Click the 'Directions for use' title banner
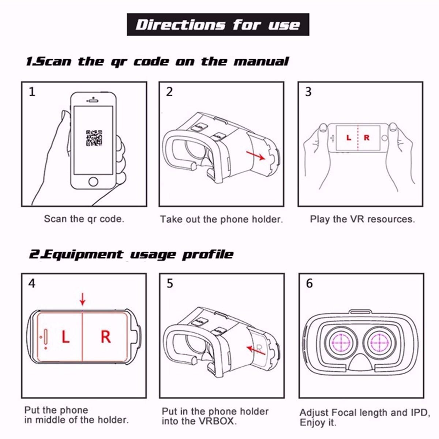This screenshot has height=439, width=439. (x=218, y=25)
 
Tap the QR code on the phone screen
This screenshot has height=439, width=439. (x=94, y=138)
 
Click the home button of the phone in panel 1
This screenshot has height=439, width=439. (x=93, y=181)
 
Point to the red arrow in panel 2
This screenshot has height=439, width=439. (x=256, y=155)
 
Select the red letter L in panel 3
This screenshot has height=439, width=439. (x=349, y=138)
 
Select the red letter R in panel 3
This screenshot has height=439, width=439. (x=367, y=138)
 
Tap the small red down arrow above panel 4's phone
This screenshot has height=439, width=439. (x=82, y=299)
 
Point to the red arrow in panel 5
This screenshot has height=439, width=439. (x=256, y=350)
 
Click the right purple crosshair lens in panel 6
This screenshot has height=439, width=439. (x=379, y=342)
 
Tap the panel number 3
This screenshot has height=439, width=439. (x=308, y=92)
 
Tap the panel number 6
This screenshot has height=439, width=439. (x=309, y=284)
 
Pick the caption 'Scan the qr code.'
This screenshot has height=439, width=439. (x=84, y=219)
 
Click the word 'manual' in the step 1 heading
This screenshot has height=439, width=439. (x=262, y=61)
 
